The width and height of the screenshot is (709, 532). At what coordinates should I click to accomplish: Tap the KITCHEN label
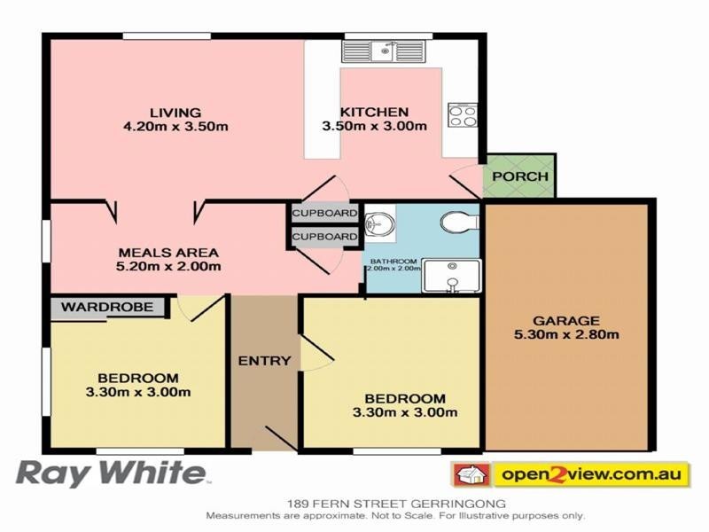374,113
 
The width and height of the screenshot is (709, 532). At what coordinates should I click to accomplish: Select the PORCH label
519,176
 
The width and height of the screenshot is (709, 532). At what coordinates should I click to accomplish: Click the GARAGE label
566,321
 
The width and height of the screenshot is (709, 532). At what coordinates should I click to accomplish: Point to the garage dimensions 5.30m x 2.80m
566,334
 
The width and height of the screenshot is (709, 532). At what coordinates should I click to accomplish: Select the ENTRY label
264,360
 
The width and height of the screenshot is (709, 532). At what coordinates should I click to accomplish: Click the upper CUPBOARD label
324,214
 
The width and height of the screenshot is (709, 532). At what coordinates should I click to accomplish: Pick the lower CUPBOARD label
324,237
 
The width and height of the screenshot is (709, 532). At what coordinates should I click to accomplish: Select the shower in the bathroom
452,275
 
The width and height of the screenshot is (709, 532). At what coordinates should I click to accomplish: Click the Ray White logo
112,473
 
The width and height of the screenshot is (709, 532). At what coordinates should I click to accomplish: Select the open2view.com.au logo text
591,474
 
